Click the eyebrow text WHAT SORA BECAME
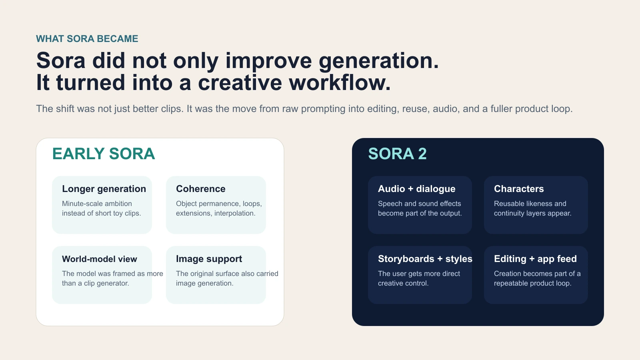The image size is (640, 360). [x=87, y=39]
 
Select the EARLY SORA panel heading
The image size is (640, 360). [x=103, y=154]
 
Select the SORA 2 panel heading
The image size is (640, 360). [x=397, y=154]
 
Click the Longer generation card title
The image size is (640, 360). [x=104, y=189]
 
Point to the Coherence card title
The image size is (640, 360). [x=200, y=189]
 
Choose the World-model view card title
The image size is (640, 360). [x=99, y=259]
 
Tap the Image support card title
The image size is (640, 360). [x=209, y=259]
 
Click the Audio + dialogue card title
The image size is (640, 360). [x=416, y=189]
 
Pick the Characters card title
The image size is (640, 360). [x=518, y=189]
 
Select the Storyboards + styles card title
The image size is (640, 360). [x=425, y=259]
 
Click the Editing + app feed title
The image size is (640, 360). [x=535, y=259]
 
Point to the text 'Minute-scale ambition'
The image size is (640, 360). [x=97, y=204]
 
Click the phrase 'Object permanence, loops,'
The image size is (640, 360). [x=219, y=204]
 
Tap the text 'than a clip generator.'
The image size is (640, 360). [x=95, y=283]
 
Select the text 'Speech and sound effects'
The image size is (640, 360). [x=419, y=204]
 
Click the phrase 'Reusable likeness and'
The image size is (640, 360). [x=530, y=204]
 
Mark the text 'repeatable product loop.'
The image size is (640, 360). [x=532, y=283]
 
